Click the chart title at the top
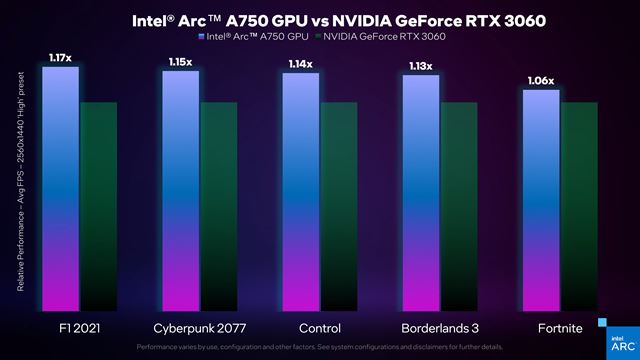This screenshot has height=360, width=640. pyautogui.click(x=320, y=20)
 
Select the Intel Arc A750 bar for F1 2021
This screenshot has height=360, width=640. pyautogui.click(x=60, y=190)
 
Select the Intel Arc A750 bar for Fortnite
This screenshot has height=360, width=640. pyautogui.click(x=541, y=200)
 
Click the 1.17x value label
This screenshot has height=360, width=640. pyautogui.click(x=60, y=59)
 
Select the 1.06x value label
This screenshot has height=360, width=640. pyautogui.click(x=541, y=81)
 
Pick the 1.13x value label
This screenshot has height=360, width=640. pyautogui.click(x=421, y=67)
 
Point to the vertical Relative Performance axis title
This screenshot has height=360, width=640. pyautogui.click(x=21, y=200)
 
